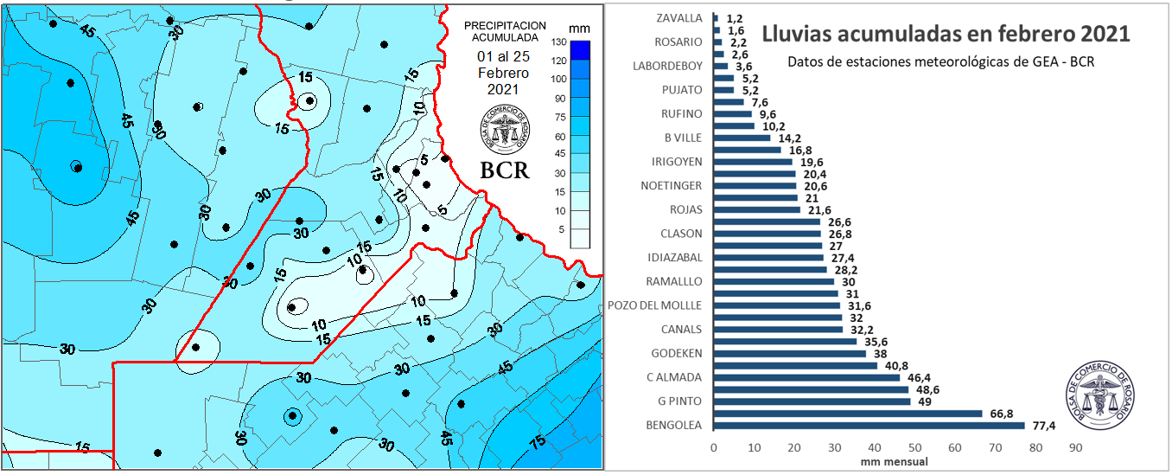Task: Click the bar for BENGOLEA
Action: pyautogui.click(x=869, y=425)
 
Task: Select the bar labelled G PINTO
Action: pyautogui.click(x=811, y=401)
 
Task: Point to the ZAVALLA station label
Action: pyautogui.click(x=679, y=18)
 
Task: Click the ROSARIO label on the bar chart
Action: pyautogui.click(x=679, y=42)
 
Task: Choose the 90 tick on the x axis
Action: pyautogui.click(x=1075, y=448)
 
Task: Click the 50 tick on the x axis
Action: pyautogui.click(x=914, y=448)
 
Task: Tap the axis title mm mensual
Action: pyautogui.click(x=894, y=462)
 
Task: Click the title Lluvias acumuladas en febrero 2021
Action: pyautogui.click(x=946, y=35)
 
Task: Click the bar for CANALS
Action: pyautogui.click(x=778, y=330)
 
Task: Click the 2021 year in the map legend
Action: pyautogui.click(x=502, y=89)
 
